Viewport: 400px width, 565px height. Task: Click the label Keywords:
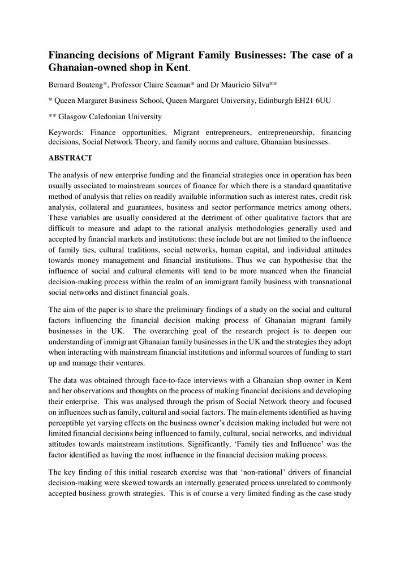pyautogui.click(x=67, y=132)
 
